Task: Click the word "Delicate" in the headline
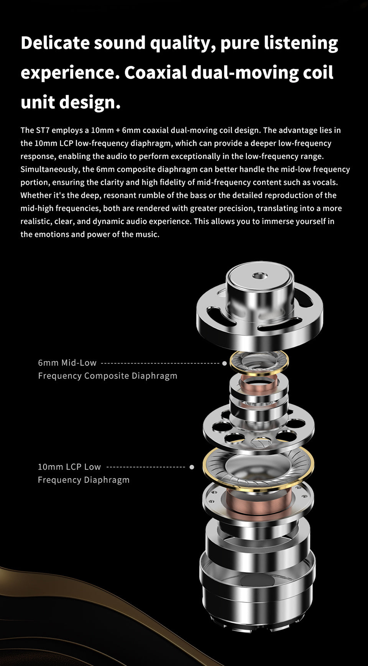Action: click(55, 43)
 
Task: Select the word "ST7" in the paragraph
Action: click(43, 130)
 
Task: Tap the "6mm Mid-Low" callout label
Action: click(67, 363)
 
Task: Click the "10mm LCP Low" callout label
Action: click(69, 467)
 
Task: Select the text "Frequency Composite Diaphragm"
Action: click(108, 376)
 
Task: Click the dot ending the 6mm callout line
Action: click(225, 363)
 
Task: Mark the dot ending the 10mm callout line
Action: click(192, 467)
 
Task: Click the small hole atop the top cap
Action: click(260, 275)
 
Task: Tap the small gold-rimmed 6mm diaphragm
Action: click(259, 363)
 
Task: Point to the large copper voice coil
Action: click(259, 498)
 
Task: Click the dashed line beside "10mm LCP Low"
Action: click(146, 467)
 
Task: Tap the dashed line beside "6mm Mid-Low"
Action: click(160, 363)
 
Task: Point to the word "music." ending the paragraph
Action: click(147, 234)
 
